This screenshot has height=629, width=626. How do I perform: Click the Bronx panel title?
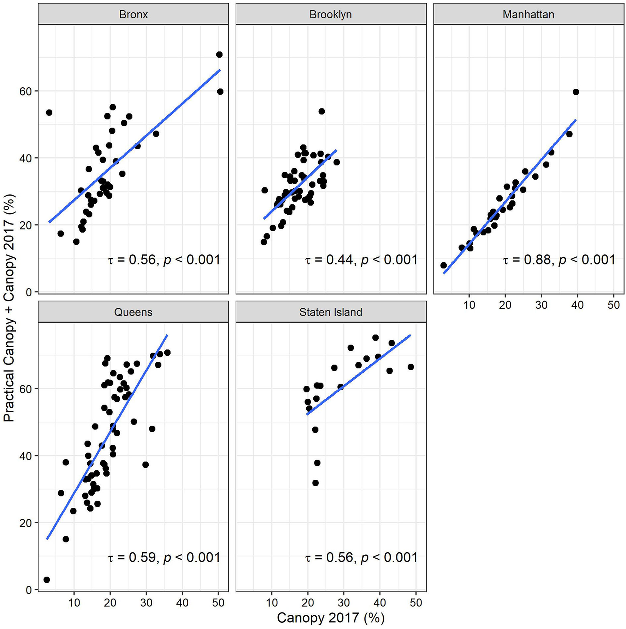[x=133, y=14]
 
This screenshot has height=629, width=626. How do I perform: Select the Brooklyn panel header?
[x=330, y=14]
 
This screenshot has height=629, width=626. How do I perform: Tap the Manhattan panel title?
[x=528, y=14]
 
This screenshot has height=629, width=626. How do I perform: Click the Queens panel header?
[x=133, y=312]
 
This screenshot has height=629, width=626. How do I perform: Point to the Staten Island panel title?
[x=330, y=312]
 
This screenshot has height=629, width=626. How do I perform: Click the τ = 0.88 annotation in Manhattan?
[x=559, y=260]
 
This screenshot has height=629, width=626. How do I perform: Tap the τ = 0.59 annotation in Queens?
[x=164, y=558]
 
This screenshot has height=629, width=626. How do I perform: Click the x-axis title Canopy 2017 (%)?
[x=330, y=618]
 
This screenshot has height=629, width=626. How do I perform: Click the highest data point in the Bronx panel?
[x=219, y=54]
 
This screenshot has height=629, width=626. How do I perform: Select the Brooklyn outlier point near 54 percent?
[x=321, y=111]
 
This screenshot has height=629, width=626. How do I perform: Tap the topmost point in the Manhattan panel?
[x=575, y=92]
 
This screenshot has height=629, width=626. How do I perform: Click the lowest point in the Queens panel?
[x=47, y=580]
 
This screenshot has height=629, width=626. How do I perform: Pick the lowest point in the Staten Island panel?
[x=315, y=483]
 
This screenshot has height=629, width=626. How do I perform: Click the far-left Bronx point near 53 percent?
[x=49, y=112]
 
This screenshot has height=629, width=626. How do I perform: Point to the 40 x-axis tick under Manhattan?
[x=577, y=305]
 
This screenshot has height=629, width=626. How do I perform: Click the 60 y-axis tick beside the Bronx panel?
[x=26, y=91]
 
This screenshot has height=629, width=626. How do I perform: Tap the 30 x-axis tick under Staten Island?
[x=344, y=602]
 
